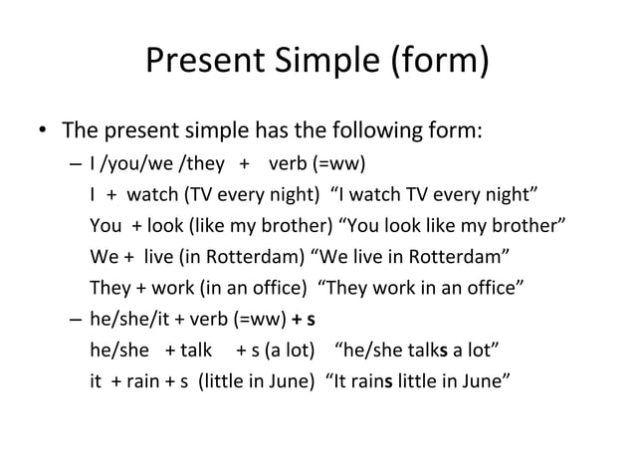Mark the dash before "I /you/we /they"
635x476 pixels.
point(77,165)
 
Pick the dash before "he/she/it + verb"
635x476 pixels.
point(77,321)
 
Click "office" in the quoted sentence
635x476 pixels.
point(492,290)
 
